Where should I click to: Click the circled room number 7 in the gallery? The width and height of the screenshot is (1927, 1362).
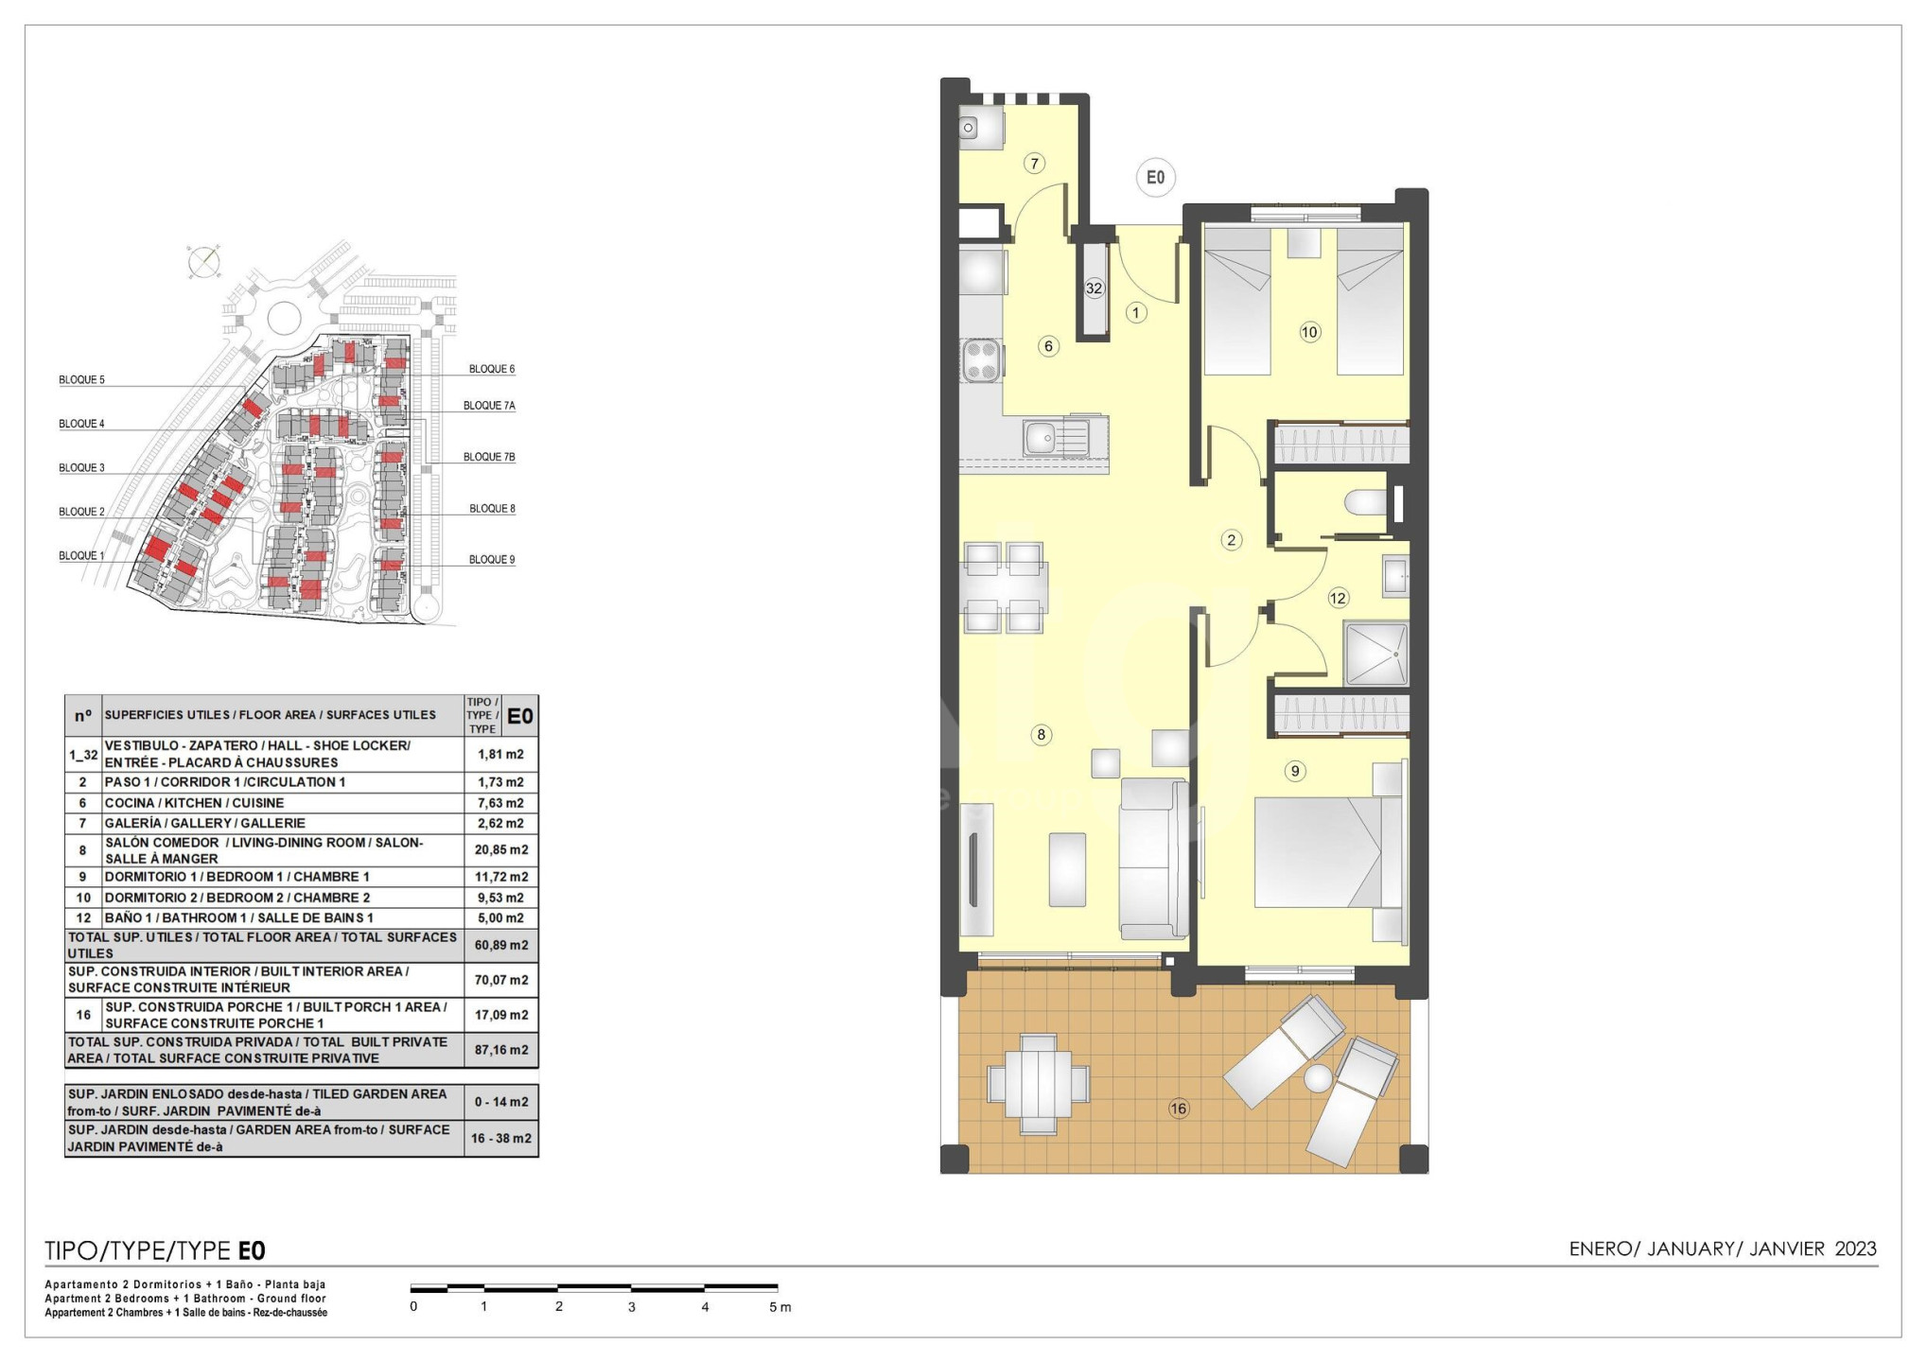tap(1034, 164)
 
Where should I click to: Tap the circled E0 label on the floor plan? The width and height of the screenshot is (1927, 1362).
tap(1155, 178)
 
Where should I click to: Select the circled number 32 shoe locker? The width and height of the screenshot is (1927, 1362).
tap(1095, 288)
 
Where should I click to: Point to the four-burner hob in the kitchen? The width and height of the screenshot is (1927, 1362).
tap(981, 360)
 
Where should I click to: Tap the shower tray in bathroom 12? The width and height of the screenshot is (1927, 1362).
tap(1375, 654)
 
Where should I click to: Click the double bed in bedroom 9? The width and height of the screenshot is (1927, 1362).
tap(1329, 853)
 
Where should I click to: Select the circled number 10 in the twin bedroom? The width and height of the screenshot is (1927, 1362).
tap(1309, 332)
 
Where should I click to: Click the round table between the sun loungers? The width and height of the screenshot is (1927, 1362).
tap(1318, 1077)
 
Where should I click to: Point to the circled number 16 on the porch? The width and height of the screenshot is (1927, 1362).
tap(1178, 1109)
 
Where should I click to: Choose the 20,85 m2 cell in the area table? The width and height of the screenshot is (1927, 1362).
tap(501, 849)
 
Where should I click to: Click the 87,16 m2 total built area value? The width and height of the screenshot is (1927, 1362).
tap(501, 1050)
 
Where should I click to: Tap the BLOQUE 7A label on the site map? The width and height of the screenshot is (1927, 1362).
tap(489, 406)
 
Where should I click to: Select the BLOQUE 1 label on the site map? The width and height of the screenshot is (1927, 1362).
tap(81, 555)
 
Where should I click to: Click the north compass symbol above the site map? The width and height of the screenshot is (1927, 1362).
tap(204, 260)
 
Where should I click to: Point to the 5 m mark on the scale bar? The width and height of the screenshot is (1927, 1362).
tap(780, 1307)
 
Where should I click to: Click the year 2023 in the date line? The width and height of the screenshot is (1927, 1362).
tap(1855, 1249)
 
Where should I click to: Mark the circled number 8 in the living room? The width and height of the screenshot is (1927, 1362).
tap(1041, 735)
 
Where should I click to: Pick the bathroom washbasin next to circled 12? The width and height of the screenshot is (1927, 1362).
tap(1395, 576)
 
